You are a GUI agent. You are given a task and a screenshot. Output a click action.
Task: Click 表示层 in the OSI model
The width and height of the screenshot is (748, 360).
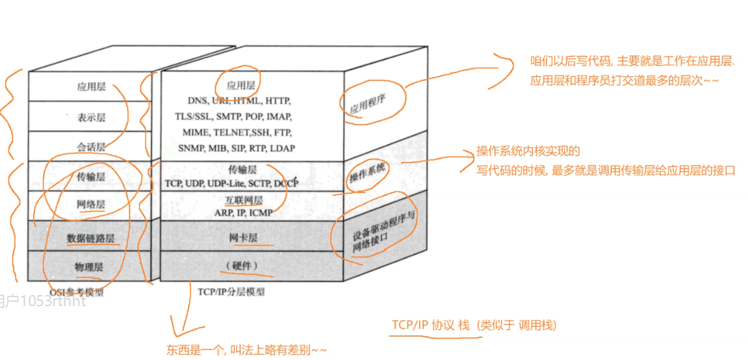point(91,118)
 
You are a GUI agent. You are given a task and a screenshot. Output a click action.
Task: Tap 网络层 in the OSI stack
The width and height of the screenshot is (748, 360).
point(91,205)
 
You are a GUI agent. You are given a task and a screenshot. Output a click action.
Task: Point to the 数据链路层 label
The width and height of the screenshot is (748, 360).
point(91,238)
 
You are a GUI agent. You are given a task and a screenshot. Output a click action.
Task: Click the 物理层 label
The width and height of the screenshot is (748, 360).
point(89,266)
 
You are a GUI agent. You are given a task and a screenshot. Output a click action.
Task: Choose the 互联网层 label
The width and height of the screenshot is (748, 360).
point(244,200)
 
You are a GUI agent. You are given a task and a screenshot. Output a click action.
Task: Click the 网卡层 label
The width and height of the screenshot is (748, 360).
point(243,238)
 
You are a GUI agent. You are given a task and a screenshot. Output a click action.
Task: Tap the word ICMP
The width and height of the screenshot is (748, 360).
point(261,212)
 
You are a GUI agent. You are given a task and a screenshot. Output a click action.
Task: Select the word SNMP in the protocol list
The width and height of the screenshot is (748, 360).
point(192,148)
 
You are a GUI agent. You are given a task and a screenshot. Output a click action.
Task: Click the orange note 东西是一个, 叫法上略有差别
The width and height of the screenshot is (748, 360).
point(247,350)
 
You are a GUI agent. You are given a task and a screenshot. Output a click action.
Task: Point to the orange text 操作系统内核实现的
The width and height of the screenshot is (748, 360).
point(528,151)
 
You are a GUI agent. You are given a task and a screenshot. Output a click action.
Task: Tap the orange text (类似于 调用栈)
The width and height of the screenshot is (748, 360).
point(517,325)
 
